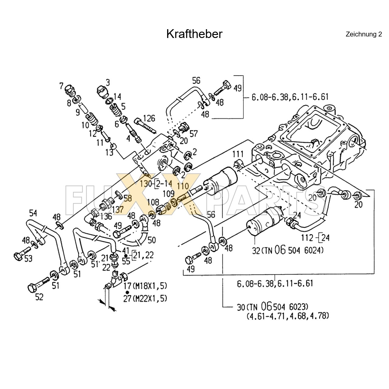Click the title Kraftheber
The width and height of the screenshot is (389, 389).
click(194, 34)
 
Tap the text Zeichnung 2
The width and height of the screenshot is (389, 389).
click(363, 34)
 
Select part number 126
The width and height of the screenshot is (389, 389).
click(149, 118)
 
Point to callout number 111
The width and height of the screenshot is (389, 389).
click(238, 154)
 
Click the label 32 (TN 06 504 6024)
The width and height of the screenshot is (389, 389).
click(288, 250)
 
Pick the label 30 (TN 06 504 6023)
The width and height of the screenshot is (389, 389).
click(273, 307)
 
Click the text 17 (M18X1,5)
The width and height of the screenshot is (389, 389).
click(145, 286)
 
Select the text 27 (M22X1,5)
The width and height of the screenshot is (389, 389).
click(145, 298)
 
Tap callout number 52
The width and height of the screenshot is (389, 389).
click(39, 297)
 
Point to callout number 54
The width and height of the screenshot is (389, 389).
click(33, 213)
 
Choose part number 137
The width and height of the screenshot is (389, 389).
click(118, 209)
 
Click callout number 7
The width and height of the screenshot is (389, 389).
click(61, 86)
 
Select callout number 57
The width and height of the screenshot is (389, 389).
click(194, 133)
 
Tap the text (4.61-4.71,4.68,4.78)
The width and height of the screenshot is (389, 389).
click(288, 315)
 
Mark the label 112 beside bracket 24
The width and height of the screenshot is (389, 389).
click(307, 238)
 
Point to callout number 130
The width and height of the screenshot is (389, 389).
click(146, 184)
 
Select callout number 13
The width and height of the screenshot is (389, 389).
click(109, 153)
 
